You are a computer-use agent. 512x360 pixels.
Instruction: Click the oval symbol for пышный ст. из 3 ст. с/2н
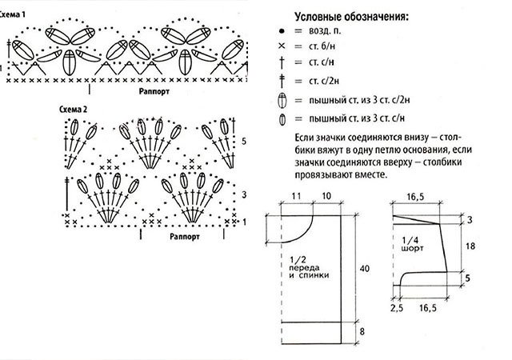(x=282, y=101)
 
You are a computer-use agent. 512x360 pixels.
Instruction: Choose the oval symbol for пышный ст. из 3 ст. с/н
(x=282, y=121)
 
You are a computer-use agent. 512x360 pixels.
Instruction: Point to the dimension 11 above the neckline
(x=296, y=195)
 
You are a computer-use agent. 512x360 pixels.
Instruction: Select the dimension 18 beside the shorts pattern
(x=470, y=247)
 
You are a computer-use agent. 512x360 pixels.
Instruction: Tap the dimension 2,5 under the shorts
(x=396, y=306)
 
